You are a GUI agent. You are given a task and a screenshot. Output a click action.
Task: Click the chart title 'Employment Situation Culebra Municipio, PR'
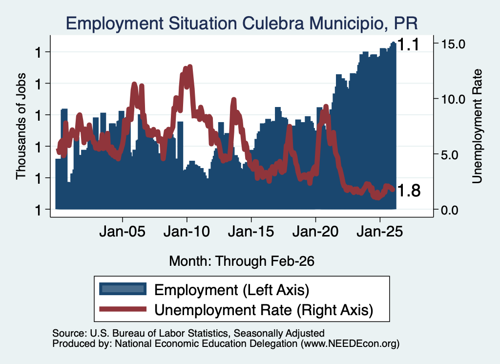pyautogui.click(x=241, y=23)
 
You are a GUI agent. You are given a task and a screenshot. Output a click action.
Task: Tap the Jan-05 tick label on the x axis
pyautogui.click(x=123, y=231)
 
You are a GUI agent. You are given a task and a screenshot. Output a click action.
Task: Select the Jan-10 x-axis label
pyautogui.click(x=187, y=231)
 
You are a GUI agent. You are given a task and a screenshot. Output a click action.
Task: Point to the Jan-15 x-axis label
pyautogui.click(x=251, y=231)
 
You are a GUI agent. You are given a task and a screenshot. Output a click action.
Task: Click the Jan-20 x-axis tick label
pyautogui.click(x=316, y=231)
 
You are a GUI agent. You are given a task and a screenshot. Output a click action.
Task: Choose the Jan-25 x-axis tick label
pyautogui.click(x=380, y=231)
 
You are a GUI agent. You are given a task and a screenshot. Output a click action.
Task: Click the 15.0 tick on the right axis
pyautogui.click(x=453, y=44)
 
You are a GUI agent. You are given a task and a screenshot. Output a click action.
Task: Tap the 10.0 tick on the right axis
pyautogui.click(x=453, y=99)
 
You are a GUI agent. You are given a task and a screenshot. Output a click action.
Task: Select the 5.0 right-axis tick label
pyautogui.click(x=450, y=155)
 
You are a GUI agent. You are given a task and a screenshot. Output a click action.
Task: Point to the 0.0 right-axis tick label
pyautogui.click(x=450, y=210)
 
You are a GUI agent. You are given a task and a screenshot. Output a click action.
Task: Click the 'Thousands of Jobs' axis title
pyautogui.click(x=21, y=126)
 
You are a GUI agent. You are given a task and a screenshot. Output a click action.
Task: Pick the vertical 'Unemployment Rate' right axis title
pyautogui.click(x=477, y=127)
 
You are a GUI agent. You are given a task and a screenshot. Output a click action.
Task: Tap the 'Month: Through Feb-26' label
pyautogui.click(x=242, y=261)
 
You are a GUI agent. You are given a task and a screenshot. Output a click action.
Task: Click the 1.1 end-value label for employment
pyautogui.click(x=409, y=44)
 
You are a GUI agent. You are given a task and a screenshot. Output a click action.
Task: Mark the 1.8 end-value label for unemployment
pyautogui.click(x=410, y=191)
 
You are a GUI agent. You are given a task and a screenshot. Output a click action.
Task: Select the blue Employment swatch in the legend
pyautogui.click(x=123, y=289)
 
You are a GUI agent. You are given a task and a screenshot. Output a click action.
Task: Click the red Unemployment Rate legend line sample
pyautogui.click(x=123, y=309)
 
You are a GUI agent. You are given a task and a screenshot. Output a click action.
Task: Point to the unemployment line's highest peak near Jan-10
pyautogui.click(x=190, y=66)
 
